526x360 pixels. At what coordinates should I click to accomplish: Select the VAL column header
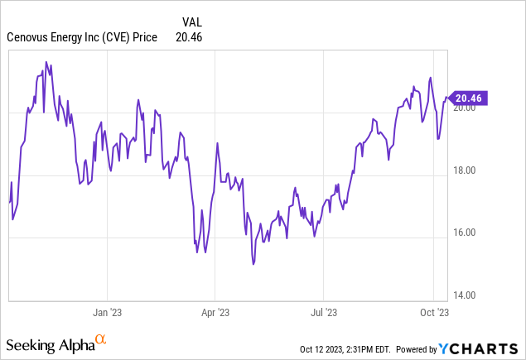pos(191,22)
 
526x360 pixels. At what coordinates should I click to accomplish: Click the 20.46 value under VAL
pos(189,36)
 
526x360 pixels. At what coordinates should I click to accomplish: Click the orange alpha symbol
pos(101,339)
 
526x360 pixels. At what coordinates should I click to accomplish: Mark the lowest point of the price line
pos(253,264)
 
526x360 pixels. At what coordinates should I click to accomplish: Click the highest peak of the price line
pos(46,61)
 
